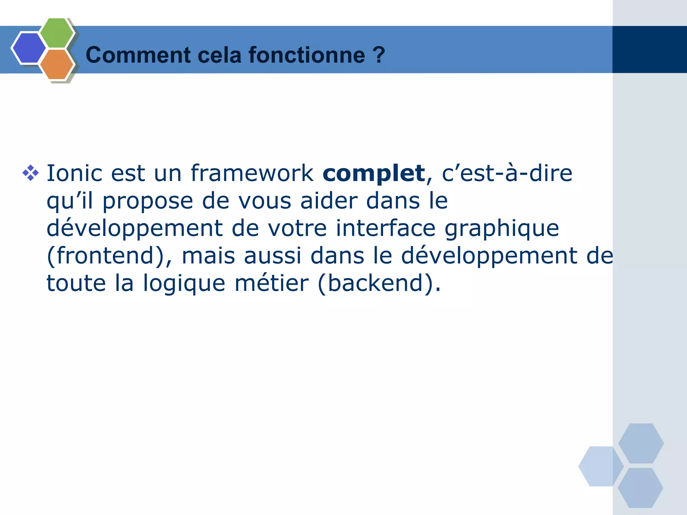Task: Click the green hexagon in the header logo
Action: point(56,33)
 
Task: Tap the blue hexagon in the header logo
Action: point(29,48)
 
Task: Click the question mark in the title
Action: point(379,55)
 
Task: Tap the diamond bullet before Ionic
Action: point(31,173)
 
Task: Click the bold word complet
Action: point(374,174)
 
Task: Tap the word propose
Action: point(148,201)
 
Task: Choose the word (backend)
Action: point(379,284)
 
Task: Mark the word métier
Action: point(271,283)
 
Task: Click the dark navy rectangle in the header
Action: point(649,49)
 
